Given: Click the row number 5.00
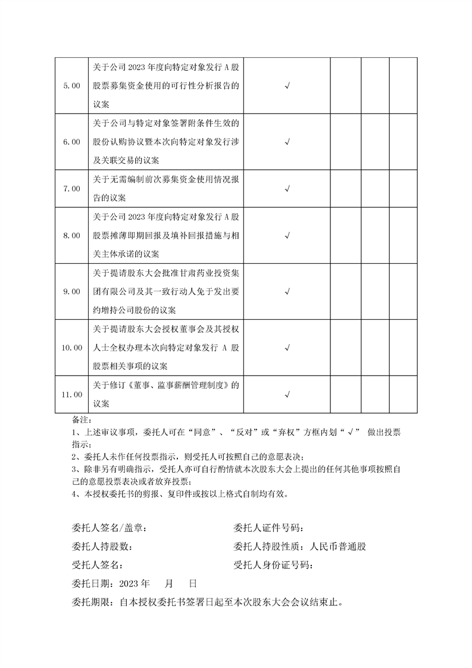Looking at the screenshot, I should pyautogui.click(x=71, y=86).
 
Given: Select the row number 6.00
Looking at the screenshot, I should pyautogui.click(x=71, y=142).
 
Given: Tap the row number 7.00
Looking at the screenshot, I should pyautogui.click(x=71, y=189).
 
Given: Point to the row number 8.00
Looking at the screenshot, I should pyautogui.click(x=71, y=236).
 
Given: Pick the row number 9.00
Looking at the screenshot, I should pyautogui.click(x=71, y=292).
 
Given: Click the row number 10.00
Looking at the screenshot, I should pyautogui.click(x=71, y=348).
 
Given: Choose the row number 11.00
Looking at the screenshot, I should pyautogui.click(x=71, y=394).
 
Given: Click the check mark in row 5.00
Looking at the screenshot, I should pyautogui.click(x=287, y=86).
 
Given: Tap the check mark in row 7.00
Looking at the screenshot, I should pyautogui.click(x=287, y=189).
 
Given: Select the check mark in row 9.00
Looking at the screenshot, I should pyautogui.click(x=287, y=292).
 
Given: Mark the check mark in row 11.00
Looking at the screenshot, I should pyautogui.click(x=287, y=394).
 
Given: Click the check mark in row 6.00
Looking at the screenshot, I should pyautogui.click(x=287, y=142).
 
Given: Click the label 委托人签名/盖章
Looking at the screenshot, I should pyautogui.click(x=107, y=528).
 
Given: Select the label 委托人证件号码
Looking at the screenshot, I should pyautogui.click(x=269, y=528).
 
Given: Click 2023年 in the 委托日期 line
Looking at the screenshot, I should pyautogui.click(x=135, y=583).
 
